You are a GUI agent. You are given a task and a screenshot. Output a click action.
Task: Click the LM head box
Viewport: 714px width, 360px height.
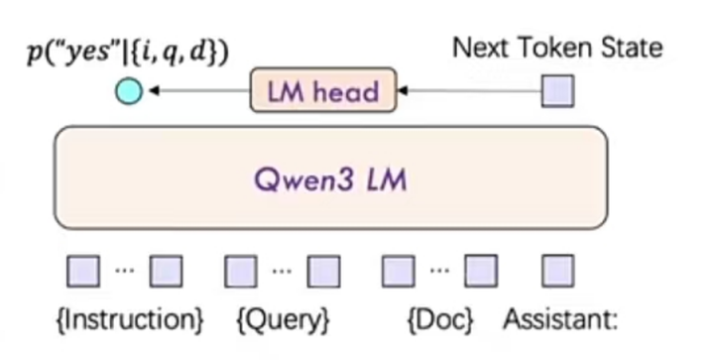322,91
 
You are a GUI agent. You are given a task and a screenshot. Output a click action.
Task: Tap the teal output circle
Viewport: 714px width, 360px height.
129,92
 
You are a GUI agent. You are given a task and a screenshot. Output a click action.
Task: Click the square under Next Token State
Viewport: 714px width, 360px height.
557,91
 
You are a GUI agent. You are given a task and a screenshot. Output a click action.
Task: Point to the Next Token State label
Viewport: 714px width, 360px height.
557,47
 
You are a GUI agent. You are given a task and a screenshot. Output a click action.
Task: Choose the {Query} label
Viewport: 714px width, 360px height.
283,320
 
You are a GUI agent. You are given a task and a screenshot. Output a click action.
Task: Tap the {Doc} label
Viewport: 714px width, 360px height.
439,320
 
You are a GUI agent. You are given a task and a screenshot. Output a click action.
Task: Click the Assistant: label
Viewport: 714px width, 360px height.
560,320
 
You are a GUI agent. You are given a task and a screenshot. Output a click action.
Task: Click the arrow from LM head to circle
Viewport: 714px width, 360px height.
198,92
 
